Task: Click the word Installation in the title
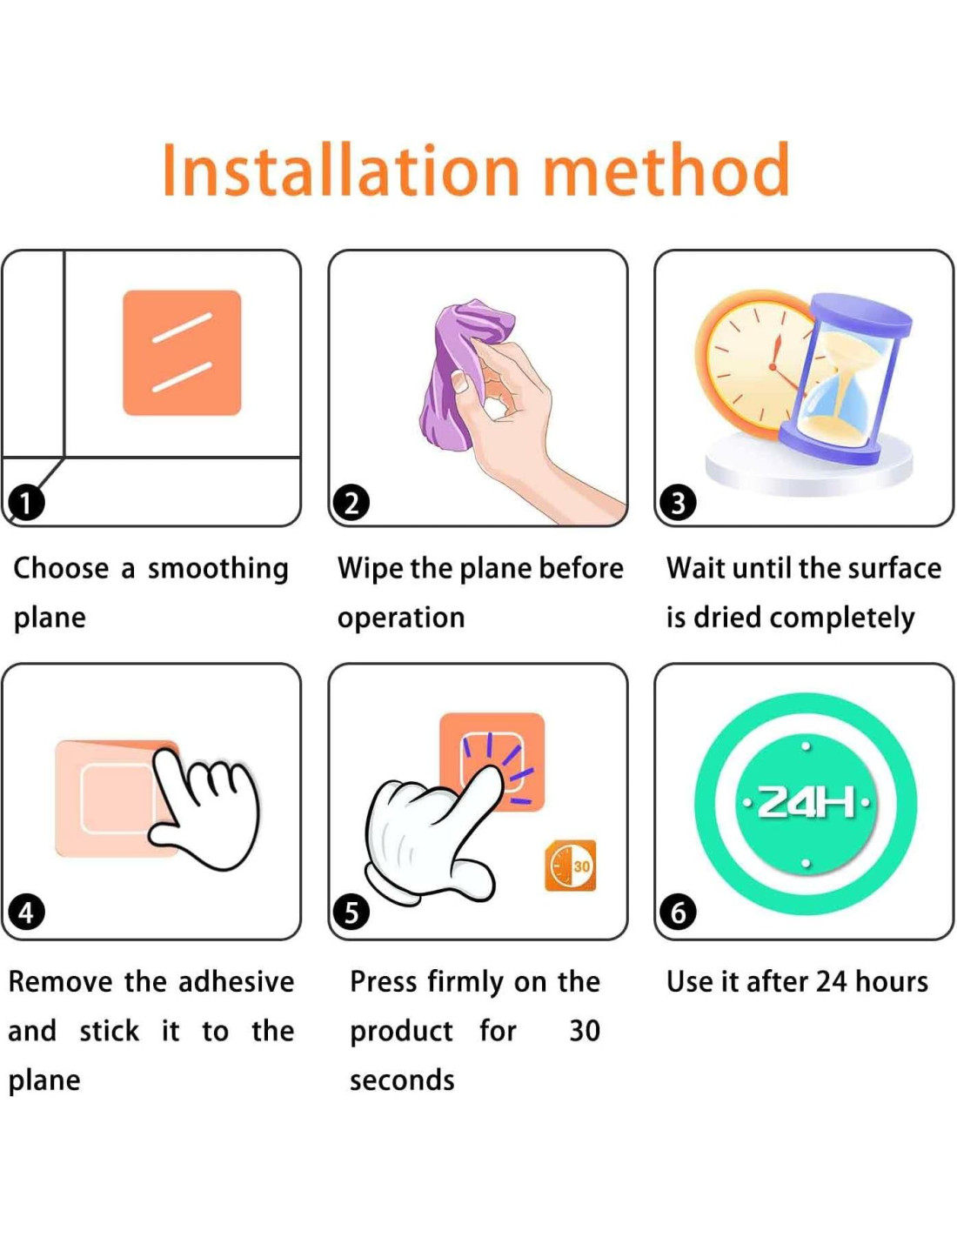tap(341, 169)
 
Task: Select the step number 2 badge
tap(351, 503)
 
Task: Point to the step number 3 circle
tap(678, 503)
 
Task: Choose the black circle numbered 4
tap(26, 913)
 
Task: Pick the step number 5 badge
tap(351, 913)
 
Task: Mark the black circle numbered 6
tap(678, 913)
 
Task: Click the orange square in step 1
tap(182, 352)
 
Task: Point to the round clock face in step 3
tap(754, 364)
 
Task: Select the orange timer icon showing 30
tap(571, 866)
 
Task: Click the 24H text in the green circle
tap(806, 804)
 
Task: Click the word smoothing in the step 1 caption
tap(218, 570)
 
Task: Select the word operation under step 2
tap(401, 618)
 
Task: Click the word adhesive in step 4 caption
tap(237, 981)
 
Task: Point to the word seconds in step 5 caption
tap(402, 1080)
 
